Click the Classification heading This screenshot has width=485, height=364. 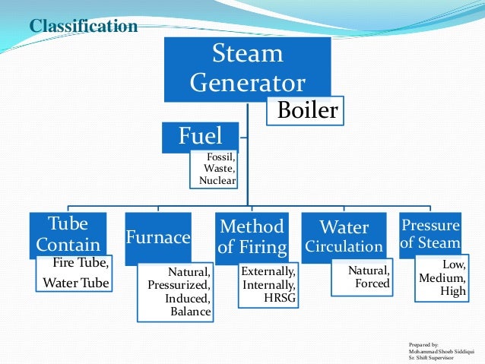point(83,27)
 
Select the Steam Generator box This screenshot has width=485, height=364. point(247,68)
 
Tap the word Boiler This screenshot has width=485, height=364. point(306,111)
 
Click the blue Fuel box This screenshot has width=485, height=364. point(201,136)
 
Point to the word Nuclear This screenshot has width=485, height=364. point(217,181)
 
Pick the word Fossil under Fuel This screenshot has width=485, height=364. point(220,157)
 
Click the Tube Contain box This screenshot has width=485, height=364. point(68,234)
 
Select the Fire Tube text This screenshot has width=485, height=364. point(81,264)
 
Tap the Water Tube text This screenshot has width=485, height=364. point(76,283)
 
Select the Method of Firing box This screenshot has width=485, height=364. point(252,236)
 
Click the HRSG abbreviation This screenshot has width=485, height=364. point(280,297)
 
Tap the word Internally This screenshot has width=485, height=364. point(268,284)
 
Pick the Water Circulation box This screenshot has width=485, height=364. point(344,237)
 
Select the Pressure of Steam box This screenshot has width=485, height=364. point(430,234)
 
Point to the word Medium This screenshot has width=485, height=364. point(442,277)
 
